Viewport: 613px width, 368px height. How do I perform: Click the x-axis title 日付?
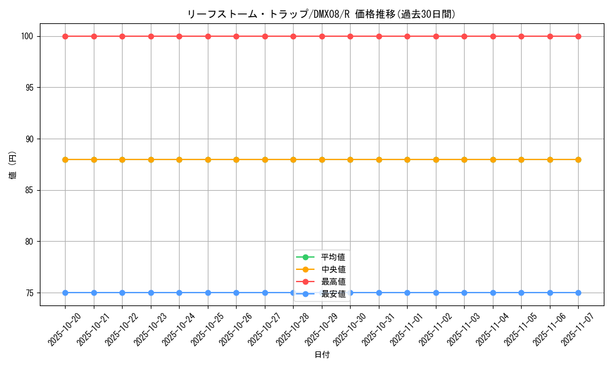pos(322,355)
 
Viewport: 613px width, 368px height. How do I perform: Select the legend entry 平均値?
pos(333,257)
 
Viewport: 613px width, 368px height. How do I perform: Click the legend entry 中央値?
pos(333,269)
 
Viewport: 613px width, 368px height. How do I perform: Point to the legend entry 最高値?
pos(333,282)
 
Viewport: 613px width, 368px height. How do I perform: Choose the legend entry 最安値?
pos(333,294)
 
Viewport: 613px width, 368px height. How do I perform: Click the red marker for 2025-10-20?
pos(65,36)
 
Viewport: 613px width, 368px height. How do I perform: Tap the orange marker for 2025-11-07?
pos(578,159)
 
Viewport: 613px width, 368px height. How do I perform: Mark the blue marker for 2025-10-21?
pos(94,293)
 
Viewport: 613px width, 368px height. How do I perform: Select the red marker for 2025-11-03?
pos(464,36)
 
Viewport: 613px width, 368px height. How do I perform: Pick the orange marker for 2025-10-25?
pos(208,159)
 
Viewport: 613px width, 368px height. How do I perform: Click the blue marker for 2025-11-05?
pos(521,293)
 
